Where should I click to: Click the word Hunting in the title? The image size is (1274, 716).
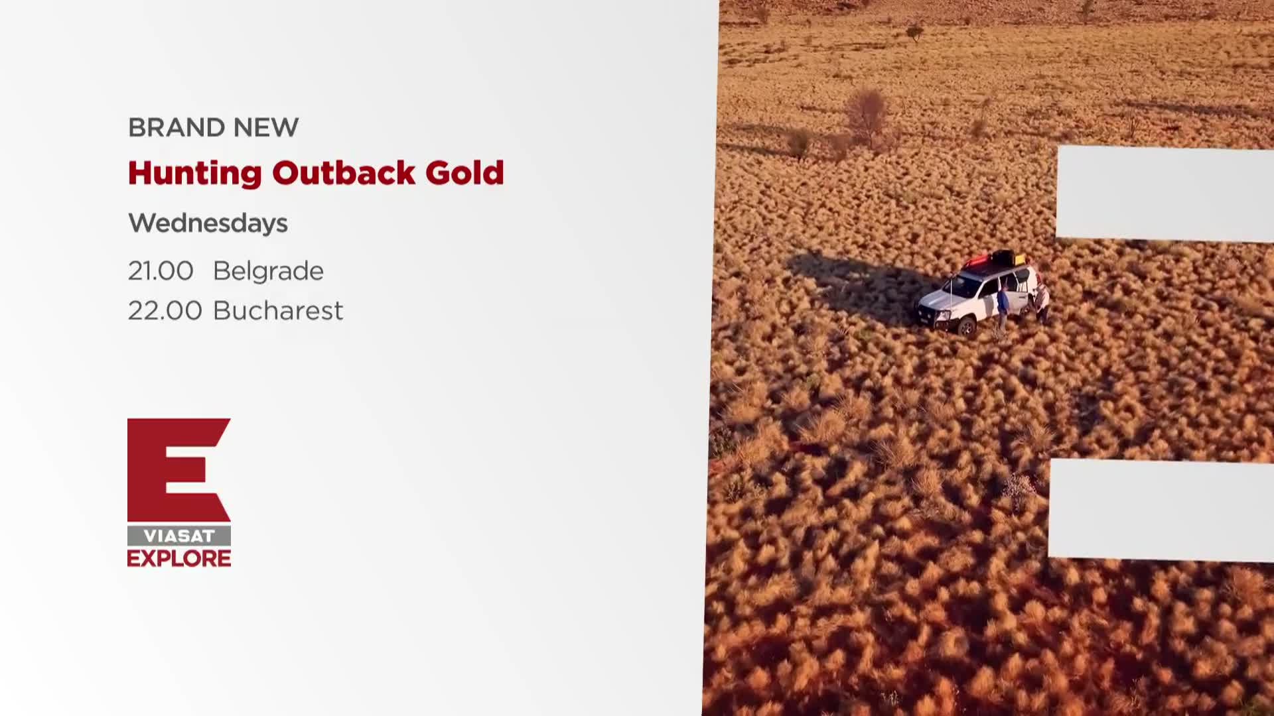coord(195,174)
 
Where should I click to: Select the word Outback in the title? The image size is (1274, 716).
coord(344,172)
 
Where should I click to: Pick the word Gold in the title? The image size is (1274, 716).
coord(464,172)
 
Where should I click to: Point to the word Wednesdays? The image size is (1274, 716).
coord(208,223)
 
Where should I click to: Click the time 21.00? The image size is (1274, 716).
coord(161,270)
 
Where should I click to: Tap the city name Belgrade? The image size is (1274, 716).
coord(268,271)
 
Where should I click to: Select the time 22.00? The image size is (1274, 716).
coord(165,310)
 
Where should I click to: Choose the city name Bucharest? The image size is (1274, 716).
coord(278,310)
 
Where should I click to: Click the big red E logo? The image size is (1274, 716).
coord(178,469)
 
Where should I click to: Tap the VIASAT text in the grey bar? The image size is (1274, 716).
coord(179,536)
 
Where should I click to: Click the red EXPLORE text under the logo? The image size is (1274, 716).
coord(179,558)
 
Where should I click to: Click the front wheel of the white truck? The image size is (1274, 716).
coord(967,328)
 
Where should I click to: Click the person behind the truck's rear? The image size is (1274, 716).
coord(1042,302)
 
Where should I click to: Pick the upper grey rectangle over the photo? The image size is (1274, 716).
coord(1165,194)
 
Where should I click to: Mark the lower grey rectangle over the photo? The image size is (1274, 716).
coord(1161,510)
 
